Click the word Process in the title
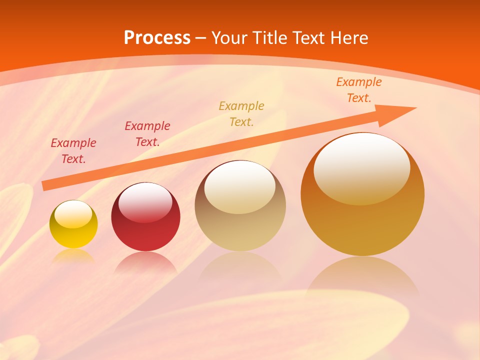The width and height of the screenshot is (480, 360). [x=157, y=37]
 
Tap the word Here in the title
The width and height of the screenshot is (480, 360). [x=348, y=37]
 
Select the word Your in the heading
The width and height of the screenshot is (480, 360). [x=229, y=37]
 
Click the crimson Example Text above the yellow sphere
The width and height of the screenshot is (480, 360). [x=73, y=151]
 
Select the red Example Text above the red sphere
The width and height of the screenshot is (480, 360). [x=147, y=133]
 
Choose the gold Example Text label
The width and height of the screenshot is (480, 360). [x=241, y=113]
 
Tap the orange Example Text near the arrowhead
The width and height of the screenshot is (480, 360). [x=358, y=90]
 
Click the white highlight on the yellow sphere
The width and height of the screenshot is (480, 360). [x=73, y=214]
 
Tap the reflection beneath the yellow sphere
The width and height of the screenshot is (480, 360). [x=73, y=256]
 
